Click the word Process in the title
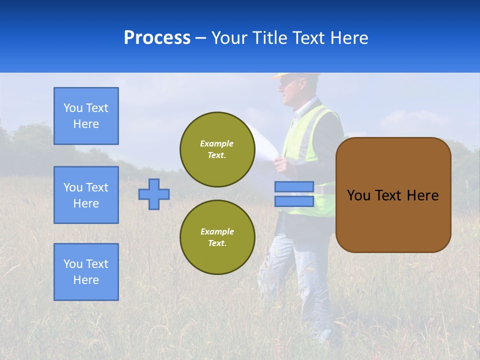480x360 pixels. pos(157,38)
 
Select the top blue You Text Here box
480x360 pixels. pos(86,116)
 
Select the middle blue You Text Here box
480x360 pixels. pos(86,195)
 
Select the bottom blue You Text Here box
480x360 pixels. pos(86,272)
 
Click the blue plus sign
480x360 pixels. pos(154,194)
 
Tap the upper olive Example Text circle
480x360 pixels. pos(217,149)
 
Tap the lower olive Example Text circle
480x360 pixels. pos(217,237)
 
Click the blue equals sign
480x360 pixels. pos(294,194)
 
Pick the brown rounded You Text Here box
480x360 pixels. pos(393,195)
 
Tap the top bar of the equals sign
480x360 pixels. pos(294,186)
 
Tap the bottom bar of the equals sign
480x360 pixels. pos(294,201)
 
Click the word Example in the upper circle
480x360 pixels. pos(217,143)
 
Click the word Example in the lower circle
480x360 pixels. pos(217,231)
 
